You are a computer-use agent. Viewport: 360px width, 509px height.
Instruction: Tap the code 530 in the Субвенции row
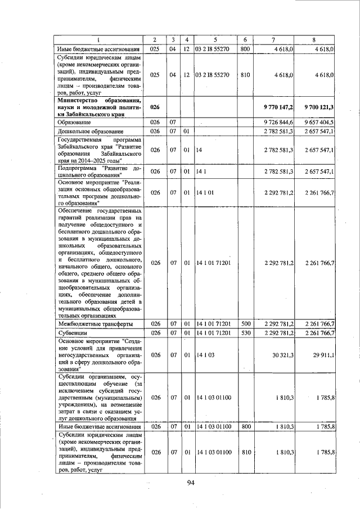click(245, 334)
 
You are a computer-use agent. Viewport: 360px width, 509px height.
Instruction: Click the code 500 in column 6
click(245, 324)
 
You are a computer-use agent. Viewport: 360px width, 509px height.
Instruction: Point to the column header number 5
click(215, 39)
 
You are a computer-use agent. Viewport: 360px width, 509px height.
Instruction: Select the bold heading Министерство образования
click(99, 100)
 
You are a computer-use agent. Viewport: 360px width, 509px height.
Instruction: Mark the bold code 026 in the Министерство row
click(155, 106)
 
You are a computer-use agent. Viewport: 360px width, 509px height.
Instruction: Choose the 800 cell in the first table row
click(245, 49)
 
